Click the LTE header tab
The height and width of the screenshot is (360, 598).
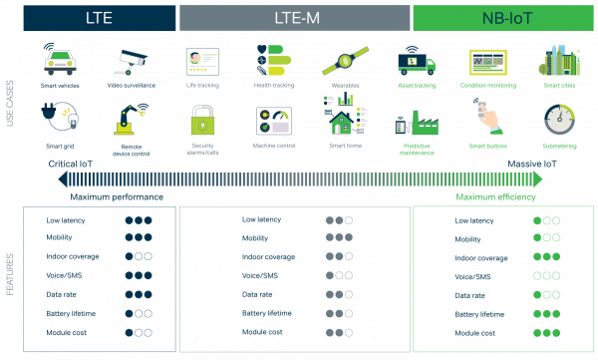(x=99, y=17)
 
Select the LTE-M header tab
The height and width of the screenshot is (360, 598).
(x=294, y=17)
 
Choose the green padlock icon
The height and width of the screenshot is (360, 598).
(x=201, y=123)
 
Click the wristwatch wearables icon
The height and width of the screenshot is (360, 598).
(x=343, y=61)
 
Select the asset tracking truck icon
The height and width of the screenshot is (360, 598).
(x=416, y=62)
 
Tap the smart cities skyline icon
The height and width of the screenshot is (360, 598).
(x=558, y=59)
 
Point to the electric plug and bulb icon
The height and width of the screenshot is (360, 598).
(x=62, y=121)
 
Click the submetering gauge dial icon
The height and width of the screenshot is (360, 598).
(x=558, y=121)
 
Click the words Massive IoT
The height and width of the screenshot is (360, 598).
(x=532, y=163)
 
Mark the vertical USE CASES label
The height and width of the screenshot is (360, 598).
(x=10, y=104)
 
